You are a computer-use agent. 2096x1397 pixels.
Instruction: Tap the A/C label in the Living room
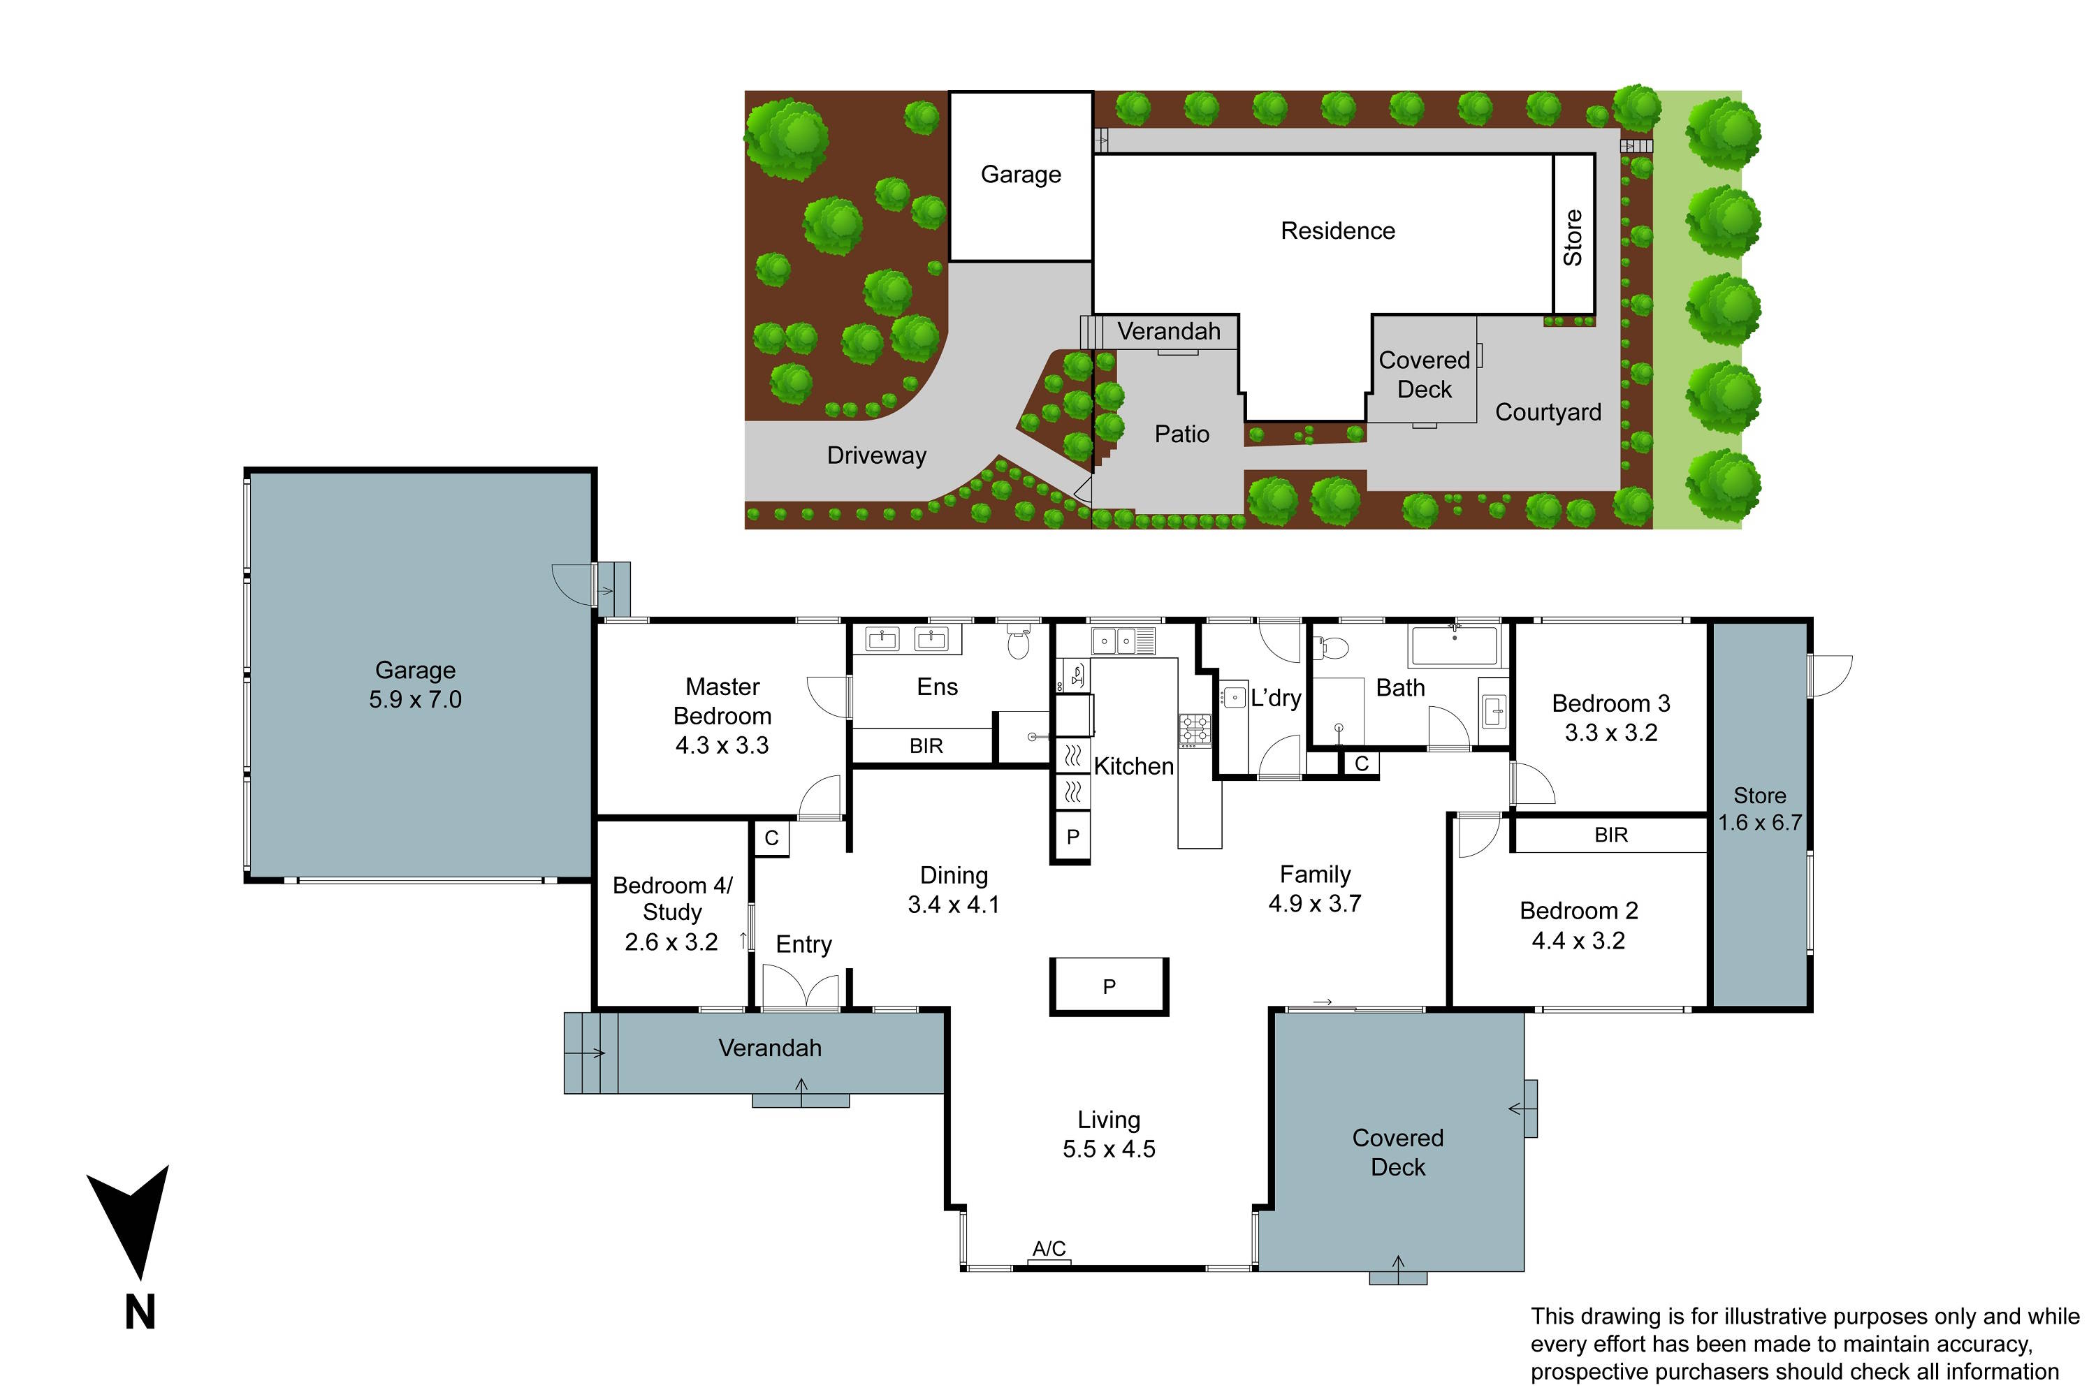coord(1049,1248)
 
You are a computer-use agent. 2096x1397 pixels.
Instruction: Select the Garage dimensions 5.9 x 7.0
coord(415,699)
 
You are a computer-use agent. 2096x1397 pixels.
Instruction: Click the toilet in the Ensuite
coord(1018,641)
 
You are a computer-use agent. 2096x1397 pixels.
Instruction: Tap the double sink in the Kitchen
coord(1123,641)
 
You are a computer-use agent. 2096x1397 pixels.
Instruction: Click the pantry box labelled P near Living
coord(1109,986)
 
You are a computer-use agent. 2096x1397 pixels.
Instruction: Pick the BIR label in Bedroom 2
coord(1610,835)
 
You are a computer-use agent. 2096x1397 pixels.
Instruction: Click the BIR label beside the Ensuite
coord(926,746)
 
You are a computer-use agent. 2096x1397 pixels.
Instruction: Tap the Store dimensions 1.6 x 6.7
coord(1759,822)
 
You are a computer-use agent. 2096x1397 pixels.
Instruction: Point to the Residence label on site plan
coord(1338,231)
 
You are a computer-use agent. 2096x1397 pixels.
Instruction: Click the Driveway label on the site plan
coord(876,455)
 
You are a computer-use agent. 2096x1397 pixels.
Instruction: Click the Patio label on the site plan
coord(1181,434)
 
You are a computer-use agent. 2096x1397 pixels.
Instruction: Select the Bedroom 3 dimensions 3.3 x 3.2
coord(1611,732)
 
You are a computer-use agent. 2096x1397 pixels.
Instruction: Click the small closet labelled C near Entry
coord(772,838)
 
